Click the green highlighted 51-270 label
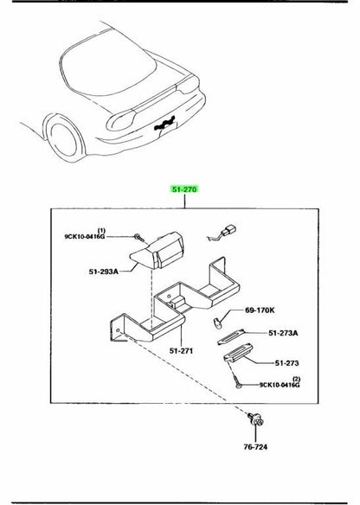tap(184, 189)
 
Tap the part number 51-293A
tap(104, 272)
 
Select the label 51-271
tap(181, 351)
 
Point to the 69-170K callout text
tap(260, 310)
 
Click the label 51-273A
tap(283, 333)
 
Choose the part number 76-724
tap(255, 447)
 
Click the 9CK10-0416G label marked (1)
tap(85, 236)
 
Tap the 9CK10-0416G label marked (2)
tap(280, 385)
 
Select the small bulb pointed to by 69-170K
tap(217, 323)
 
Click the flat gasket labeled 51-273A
tap(231, 337)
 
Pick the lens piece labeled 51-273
tap(238, 353)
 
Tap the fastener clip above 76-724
tap(256, 420)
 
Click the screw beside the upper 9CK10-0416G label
tap(138, 237)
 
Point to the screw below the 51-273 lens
tap(236, 379)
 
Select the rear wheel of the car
tap(63, 139)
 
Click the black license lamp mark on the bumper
tap(164, 124)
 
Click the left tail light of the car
tap(121, 120)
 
